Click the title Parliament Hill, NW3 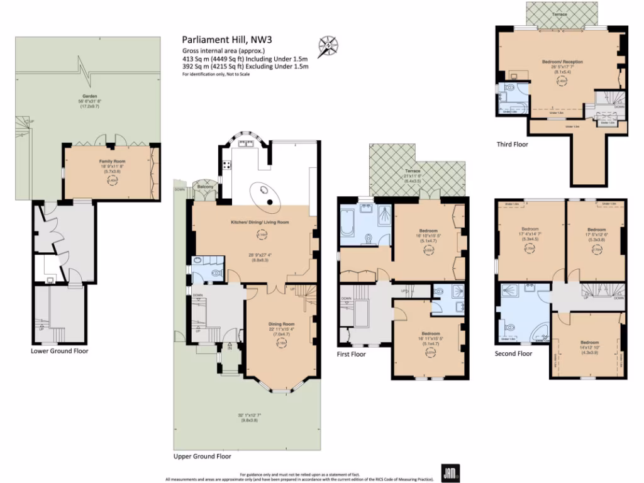218,39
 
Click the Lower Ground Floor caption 60,351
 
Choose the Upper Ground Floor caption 203,457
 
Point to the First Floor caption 352,354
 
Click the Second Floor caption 513,353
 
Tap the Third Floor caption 512,144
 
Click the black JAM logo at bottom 449,473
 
